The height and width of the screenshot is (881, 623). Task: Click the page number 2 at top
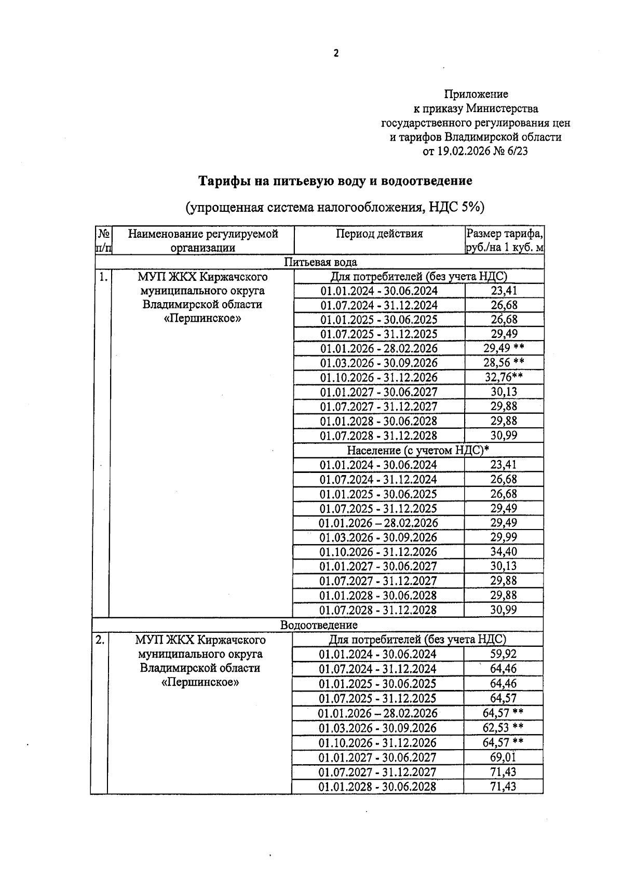[336, 53]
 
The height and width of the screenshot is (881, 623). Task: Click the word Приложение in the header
[476, 94]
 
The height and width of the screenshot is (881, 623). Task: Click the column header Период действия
[379, 234]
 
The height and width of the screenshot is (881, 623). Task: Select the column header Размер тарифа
[504, 234]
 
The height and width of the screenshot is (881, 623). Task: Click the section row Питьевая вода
[320, 262]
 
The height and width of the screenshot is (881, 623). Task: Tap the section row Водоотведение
[319, 625]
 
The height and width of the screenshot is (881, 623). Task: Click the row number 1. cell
[103, 277]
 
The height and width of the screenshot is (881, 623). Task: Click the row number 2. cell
[100, 640]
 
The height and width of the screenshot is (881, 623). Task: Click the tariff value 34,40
[504, 552]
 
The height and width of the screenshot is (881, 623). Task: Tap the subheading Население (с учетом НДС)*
[418, 450]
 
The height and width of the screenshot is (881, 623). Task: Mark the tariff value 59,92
[503, 654]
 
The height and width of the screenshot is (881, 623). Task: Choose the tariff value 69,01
[503, 757]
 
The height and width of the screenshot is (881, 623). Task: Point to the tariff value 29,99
[504, 537]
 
